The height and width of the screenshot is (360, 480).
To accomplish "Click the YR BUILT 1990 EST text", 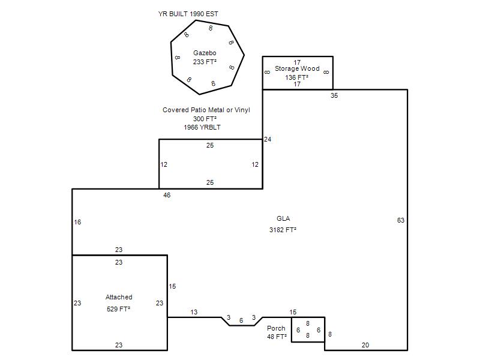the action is click(x=188, y=14).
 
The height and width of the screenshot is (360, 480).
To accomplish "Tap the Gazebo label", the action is click(x=205, y=53).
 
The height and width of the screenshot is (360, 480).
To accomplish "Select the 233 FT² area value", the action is click(x=205, y=62).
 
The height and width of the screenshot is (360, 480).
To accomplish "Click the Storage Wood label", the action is click(x=297, y=68).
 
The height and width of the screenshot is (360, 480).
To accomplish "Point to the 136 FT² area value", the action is click(x=296, y=77).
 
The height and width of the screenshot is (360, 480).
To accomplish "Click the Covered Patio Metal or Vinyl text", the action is click(x=206, y=110).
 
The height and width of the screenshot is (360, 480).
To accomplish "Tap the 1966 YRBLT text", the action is click(x=202, y=127).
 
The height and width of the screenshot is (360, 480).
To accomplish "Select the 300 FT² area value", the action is click(x=205, y=119).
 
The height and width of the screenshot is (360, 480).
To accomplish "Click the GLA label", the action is click(x=283, y=218).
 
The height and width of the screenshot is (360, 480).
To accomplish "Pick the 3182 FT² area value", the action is click(x=283, y=230).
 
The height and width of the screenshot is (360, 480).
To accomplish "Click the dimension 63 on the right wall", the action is click(x=401, y=220).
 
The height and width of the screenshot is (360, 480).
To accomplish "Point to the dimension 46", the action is click(x=167, y=196).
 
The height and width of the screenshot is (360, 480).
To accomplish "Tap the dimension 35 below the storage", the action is click(x=334, y=95).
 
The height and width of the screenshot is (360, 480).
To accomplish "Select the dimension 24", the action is click(x=268, y=139).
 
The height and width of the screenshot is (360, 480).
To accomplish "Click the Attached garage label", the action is click(x=119, y=297).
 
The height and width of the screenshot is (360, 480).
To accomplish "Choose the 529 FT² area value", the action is click(x=118, y=309).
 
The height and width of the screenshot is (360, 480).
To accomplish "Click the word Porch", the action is click(x=276, y=328).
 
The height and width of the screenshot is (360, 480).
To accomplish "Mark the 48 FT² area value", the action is click(x=277, y=337).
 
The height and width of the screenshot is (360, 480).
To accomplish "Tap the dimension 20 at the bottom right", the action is click(x=365, y=345).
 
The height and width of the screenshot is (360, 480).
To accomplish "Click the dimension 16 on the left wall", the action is click(x=77, y=222).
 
